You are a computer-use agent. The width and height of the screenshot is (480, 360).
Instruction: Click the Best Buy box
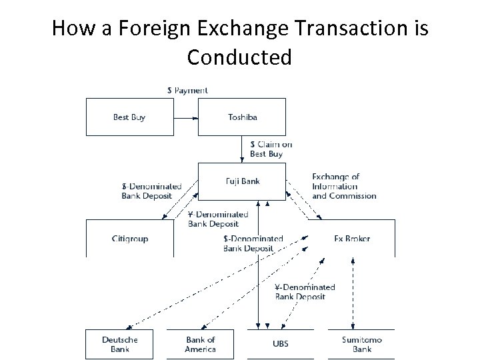(x=129, y=117)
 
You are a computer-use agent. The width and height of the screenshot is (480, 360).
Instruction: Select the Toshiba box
(x=243, y=117)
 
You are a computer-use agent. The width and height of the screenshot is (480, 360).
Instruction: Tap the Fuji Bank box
(x=243, y=181)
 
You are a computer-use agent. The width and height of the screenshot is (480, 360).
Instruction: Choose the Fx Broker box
(x=351, y=238)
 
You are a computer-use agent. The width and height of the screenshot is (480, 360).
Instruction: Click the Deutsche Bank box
(x=120, y=344)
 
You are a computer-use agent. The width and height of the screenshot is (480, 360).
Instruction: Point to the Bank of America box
(x=201, y=344)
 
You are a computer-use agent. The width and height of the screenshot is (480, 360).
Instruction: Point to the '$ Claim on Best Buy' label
(x=270, y=149)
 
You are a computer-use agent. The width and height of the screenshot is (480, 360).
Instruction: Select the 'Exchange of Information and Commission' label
(x=344, y=186)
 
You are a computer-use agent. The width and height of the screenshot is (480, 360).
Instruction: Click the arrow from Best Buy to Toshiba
(x=186, y=118)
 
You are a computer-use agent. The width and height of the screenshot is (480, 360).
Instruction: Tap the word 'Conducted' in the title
(x=239, y=58)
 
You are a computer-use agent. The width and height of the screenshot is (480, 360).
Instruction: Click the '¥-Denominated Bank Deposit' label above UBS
(x=305, y=291)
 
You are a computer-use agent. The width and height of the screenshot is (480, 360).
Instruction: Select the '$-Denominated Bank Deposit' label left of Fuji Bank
(x=146, y=191)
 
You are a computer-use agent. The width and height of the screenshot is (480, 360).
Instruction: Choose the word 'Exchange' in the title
(x=235, y=29)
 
